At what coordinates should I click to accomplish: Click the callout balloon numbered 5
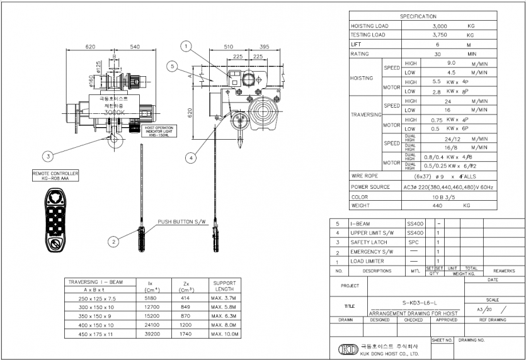click(x=172, y=65)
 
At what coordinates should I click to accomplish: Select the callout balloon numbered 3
click(x=47, y=155)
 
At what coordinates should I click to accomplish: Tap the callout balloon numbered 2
click(x=113, y=240)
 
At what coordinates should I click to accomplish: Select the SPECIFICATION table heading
click(x=418, y=16)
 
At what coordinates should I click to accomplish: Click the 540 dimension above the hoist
click(x=135, y=47)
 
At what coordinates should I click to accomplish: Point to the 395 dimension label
click(x=265, y=46)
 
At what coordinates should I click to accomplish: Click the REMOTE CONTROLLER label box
click(x=55, y=175)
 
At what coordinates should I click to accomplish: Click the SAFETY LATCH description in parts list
click(x=369, y=242)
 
